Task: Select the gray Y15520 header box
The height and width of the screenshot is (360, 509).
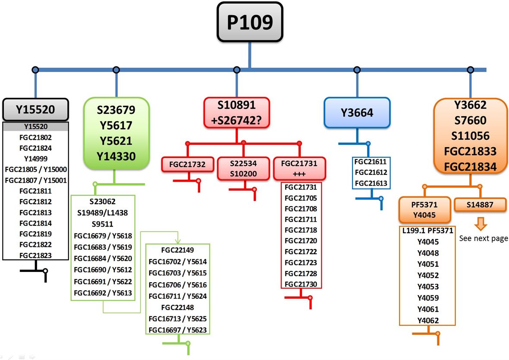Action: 35,110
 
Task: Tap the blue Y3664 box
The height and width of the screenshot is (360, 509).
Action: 357,113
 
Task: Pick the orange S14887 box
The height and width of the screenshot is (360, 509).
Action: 480,205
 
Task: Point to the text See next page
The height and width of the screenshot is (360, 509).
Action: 483,238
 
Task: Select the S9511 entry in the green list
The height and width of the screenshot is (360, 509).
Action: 103,224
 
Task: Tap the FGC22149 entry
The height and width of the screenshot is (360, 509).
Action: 177,250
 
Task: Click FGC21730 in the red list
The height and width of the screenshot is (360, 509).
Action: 301,284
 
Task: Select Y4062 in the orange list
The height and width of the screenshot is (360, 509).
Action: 428,320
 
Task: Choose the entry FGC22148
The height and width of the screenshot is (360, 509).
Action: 177,307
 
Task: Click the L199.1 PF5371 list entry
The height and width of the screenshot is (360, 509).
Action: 427,231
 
